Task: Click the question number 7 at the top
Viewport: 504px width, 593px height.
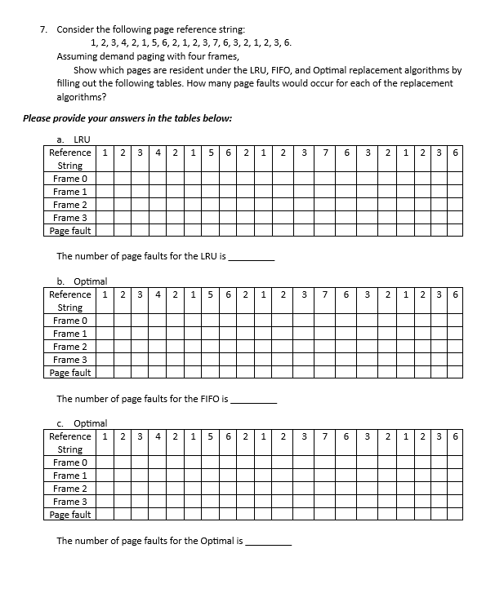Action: (43, 29)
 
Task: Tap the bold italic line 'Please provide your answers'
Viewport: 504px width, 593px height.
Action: (127, 118)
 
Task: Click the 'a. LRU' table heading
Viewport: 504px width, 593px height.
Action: (77, 139)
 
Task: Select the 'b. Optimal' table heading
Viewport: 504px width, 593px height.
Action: (84, 281)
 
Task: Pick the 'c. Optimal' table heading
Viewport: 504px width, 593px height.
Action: (84, 423)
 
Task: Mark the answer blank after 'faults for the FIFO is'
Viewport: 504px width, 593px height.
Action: (254, 399)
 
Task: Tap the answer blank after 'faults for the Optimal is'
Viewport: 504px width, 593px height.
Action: (268, 541)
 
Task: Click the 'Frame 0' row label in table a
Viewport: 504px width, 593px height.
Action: (69, 179)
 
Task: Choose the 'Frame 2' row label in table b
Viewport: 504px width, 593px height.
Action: (69, 347)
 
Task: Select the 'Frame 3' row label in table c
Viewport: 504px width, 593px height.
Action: (69, 502)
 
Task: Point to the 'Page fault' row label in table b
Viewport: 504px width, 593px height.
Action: (69, 373)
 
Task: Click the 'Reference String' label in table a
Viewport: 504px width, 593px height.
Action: (69, 159)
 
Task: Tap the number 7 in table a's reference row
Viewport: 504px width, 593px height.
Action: (325, 153)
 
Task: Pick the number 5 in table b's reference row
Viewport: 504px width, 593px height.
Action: (210, 294)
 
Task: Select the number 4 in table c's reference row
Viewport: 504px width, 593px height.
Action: (158, 436)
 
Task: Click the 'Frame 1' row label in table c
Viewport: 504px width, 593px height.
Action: (69, 476)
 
